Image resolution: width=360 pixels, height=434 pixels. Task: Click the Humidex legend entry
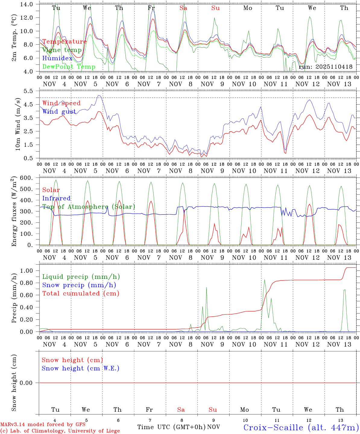57,58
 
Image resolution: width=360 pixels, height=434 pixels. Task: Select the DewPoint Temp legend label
69,67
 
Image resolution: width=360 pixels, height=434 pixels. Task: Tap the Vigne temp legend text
62,50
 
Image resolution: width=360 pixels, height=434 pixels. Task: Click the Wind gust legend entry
59,112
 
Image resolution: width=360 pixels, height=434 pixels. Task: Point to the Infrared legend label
56,198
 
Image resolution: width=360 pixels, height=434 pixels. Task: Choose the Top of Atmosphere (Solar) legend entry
89,207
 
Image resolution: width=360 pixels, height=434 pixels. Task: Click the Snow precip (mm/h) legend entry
79,285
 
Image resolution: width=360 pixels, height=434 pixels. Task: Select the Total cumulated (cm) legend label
81,294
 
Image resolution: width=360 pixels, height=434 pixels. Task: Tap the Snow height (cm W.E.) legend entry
81,368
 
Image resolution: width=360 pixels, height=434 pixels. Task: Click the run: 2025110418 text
326,67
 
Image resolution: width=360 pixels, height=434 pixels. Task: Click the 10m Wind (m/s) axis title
18,124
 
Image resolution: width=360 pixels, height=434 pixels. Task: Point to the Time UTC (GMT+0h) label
171,427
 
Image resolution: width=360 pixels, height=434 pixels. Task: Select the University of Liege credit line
60,431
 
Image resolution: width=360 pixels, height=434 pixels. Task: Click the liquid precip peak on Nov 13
344,290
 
